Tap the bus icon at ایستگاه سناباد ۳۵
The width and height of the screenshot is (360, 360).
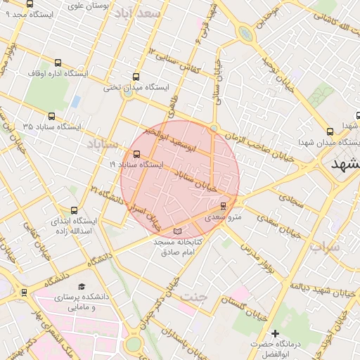click(51, 116)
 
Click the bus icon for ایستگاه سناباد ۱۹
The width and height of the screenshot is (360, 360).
click(136, 154)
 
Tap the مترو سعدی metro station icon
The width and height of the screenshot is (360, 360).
click(224, 206)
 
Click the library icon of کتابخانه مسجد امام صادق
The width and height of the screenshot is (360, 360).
click(177, 231)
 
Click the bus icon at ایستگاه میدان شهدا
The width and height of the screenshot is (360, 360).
click(330, 131)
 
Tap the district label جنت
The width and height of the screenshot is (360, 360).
click(195, 296)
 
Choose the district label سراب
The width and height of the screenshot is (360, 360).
click(325, 247)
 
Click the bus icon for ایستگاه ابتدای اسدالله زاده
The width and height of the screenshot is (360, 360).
click(75, 210)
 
